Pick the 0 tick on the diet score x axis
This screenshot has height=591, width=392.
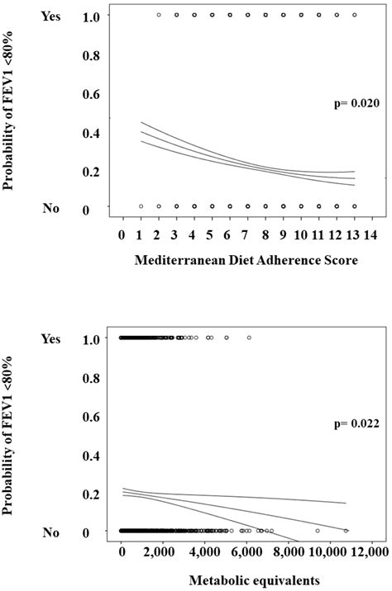click(x=122, y=234)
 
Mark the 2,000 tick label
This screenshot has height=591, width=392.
click(x=163, y=551)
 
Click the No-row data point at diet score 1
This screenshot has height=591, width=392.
click(x=141, y=206)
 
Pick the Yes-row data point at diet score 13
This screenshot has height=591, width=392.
click(x=354, y=15)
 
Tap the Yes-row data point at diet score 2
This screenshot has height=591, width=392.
click(x=159, y=15)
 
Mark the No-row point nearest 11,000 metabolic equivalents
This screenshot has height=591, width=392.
click(x=347, y=531)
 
